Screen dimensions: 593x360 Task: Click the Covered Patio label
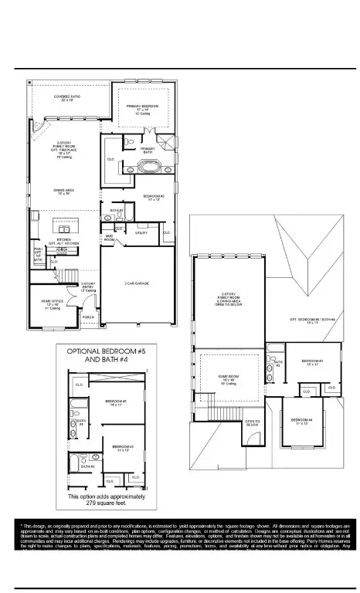click(63, 98)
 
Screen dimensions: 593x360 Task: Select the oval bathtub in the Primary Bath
click(145, 168)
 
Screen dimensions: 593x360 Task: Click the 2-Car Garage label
click(136, 283)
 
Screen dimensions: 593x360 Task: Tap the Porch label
click(87, 317)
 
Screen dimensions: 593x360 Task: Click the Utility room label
click(141, 232)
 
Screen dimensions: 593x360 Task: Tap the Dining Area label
click(63, 191)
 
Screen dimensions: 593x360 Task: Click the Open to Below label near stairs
click(252, 424)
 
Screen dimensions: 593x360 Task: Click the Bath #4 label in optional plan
click(80, 422)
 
